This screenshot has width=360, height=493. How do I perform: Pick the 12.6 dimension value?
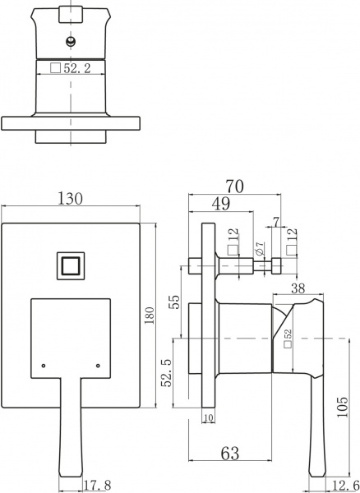[x=344, y=485]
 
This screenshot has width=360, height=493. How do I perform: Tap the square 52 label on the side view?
[x=288, y=339]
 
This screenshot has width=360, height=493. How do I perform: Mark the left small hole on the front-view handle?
[x=44, y=362]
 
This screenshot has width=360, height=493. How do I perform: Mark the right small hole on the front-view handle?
[x=98, y=362]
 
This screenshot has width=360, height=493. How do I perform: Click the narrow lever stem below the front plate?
[x=72, y=427]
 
